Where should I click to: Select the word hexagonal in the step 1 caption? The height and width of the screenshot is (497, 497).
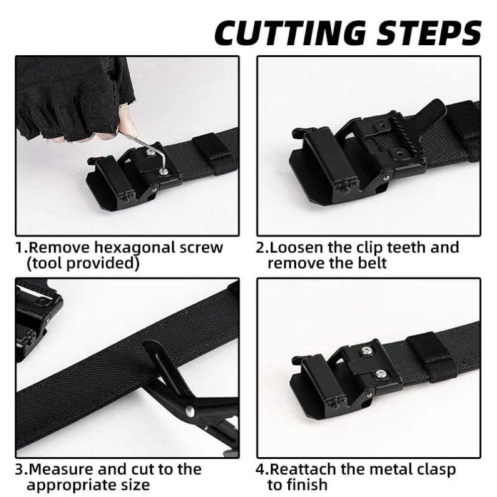[128, 248]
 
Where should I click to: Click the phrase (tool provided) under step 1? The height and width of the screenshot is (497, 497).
[82, 263]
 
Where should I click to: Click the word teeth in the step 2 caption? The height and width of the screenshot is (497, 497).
[401, 248]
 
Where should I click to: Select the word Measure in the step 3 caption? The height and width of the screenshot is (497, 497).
[63, 469]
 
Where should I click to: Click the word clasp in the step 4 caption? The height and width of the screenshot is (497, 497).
[432, 469]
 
